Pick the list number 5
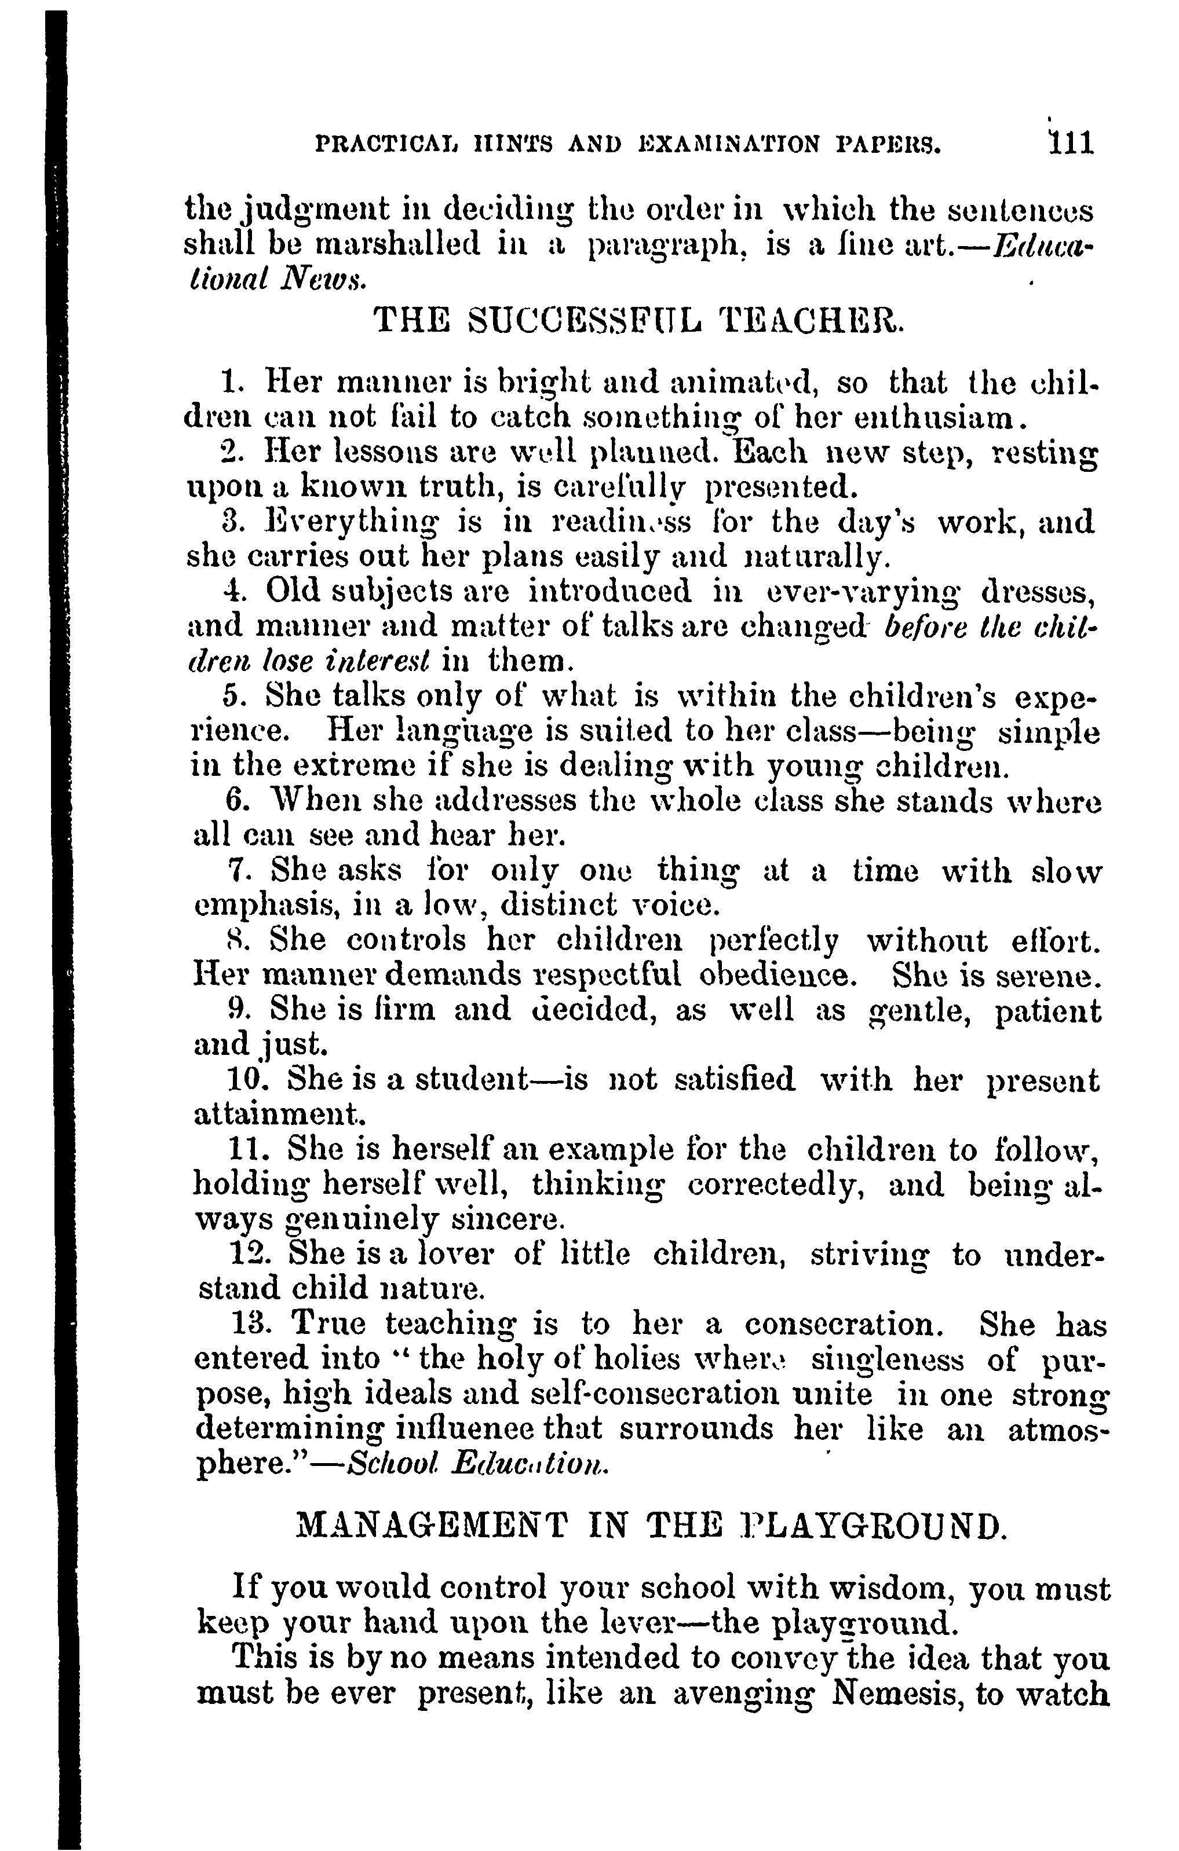233,697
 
